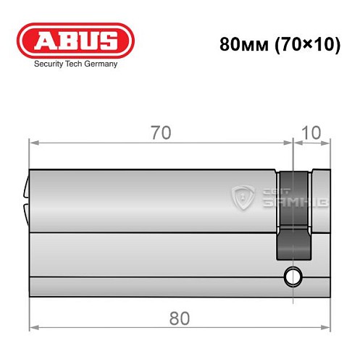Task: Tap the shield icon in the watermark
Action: [242, 197]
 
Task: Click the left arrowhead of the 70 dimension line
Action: [33, 142]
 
